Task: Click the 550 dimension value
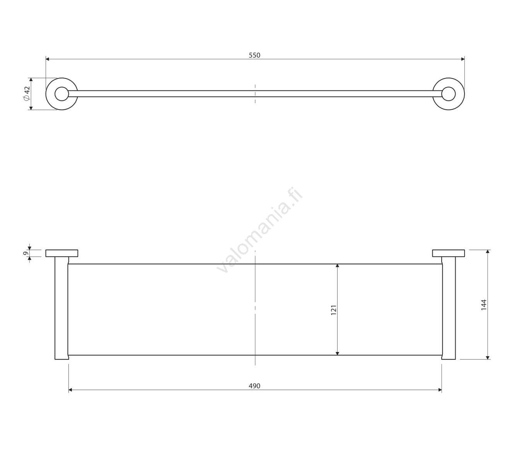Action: (x=254, y=55)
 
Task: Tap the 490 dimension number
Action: (x=254, y=386)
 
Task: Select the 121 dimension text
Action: (x=333, y=310)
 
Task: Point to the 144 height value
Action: (x=484, y=305)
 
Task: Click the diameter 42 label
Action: (x=27, y=93)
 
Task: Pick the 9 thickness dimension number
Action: (x=26, y=253)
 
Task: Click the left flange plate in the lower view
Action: (x=62, y=253)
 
